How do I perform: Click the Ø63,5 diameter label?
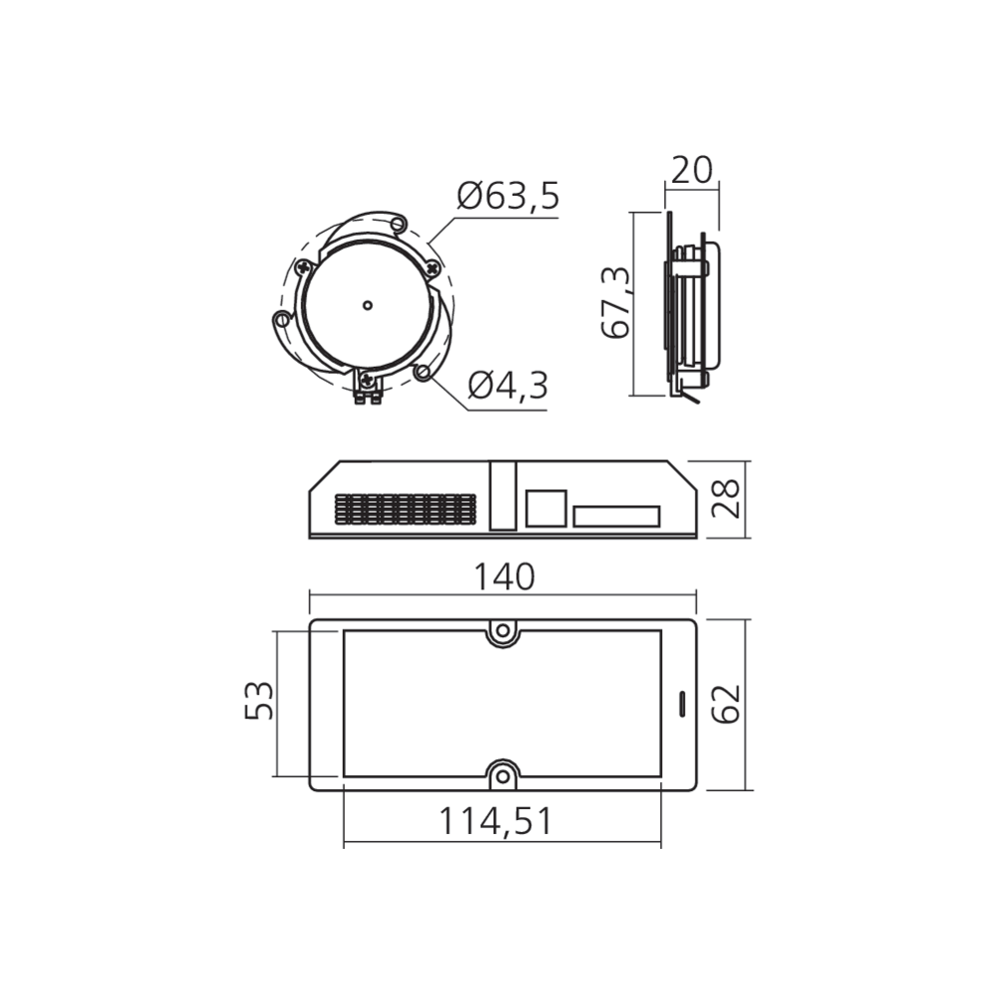(x=508, y=197)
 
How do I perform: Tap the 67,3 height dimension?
(x=616, y=302)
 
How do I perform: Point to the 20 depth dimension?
(x=692, y=170)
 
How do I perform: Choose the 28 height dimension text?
(x=729, y=500)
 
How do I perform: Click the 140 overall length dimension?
(x=504, y=577)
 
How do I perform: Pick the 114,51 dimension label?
(x=496, y=821)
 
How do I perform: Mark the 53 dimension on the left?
(x=258, y=702)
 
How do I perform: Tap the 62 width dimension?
(x=729, y=704)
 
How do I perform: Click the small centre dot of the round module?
(x=367, y=304)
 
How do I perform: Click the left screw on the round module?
(x=302, y=266)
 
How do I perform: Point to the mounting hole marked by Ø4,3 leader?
(x=423, y=371)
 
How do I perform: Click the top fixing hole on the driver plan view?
(x=503, y=630)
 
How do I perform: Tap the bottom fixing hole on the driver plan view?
(x=503, y=775)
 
